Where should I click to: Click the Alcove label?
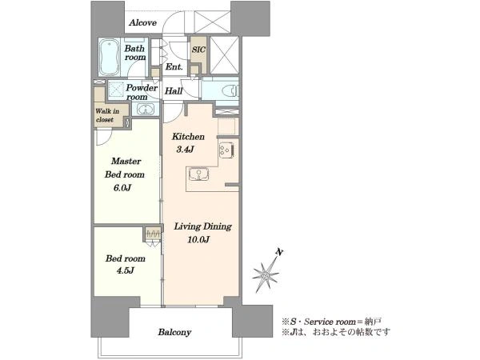[142, 22]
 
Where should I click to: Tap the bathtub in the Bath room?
[110, 58]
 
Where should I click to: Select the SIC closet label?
[198, 50]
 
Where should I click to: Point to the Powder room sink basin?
[146, 109]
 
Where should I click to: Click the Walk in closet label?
[107, 115]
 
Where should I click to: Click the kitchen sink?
[198, 174]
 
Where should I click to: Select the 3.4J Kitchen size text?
[186, 150]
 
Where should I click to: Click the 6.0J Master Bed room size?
[122, 188]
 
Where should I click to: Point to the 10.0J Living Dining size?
[198, 239]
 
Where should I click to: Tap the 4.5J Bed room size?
[126, 270]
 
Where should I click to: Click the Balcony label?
[174, 332]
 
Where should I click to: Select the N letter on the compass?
[279, 252]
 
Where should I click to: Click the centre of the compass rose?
[266, 276]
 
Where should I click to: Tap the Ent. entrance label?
[174, 66]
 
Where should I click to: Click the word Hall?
[174, 91]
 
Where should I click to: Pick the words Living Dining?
[202, 226]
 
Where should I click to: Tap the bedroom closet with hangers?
[153, 234]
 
